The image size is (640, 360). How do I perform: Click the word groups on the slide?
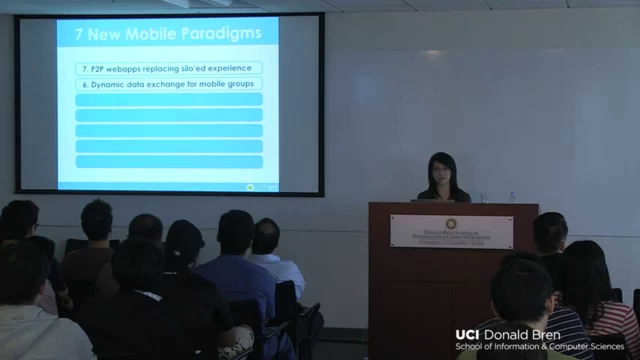[241, 84]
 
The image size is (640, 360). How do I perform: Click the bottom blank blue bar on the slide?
[169, 162]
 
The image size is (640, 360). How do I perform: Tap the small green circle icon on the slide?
[250, 187]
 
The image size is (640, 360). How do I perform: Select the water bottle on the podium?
[512, 196]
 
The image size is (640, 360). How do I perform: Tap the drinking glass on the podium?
[484, 197]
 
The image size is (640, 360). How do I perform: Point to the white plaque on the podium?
[451, 231]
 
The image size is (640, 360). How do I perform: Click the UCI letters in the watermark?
[467, 335]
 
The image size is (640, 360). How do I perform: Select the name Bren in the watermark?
[546, 335]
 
